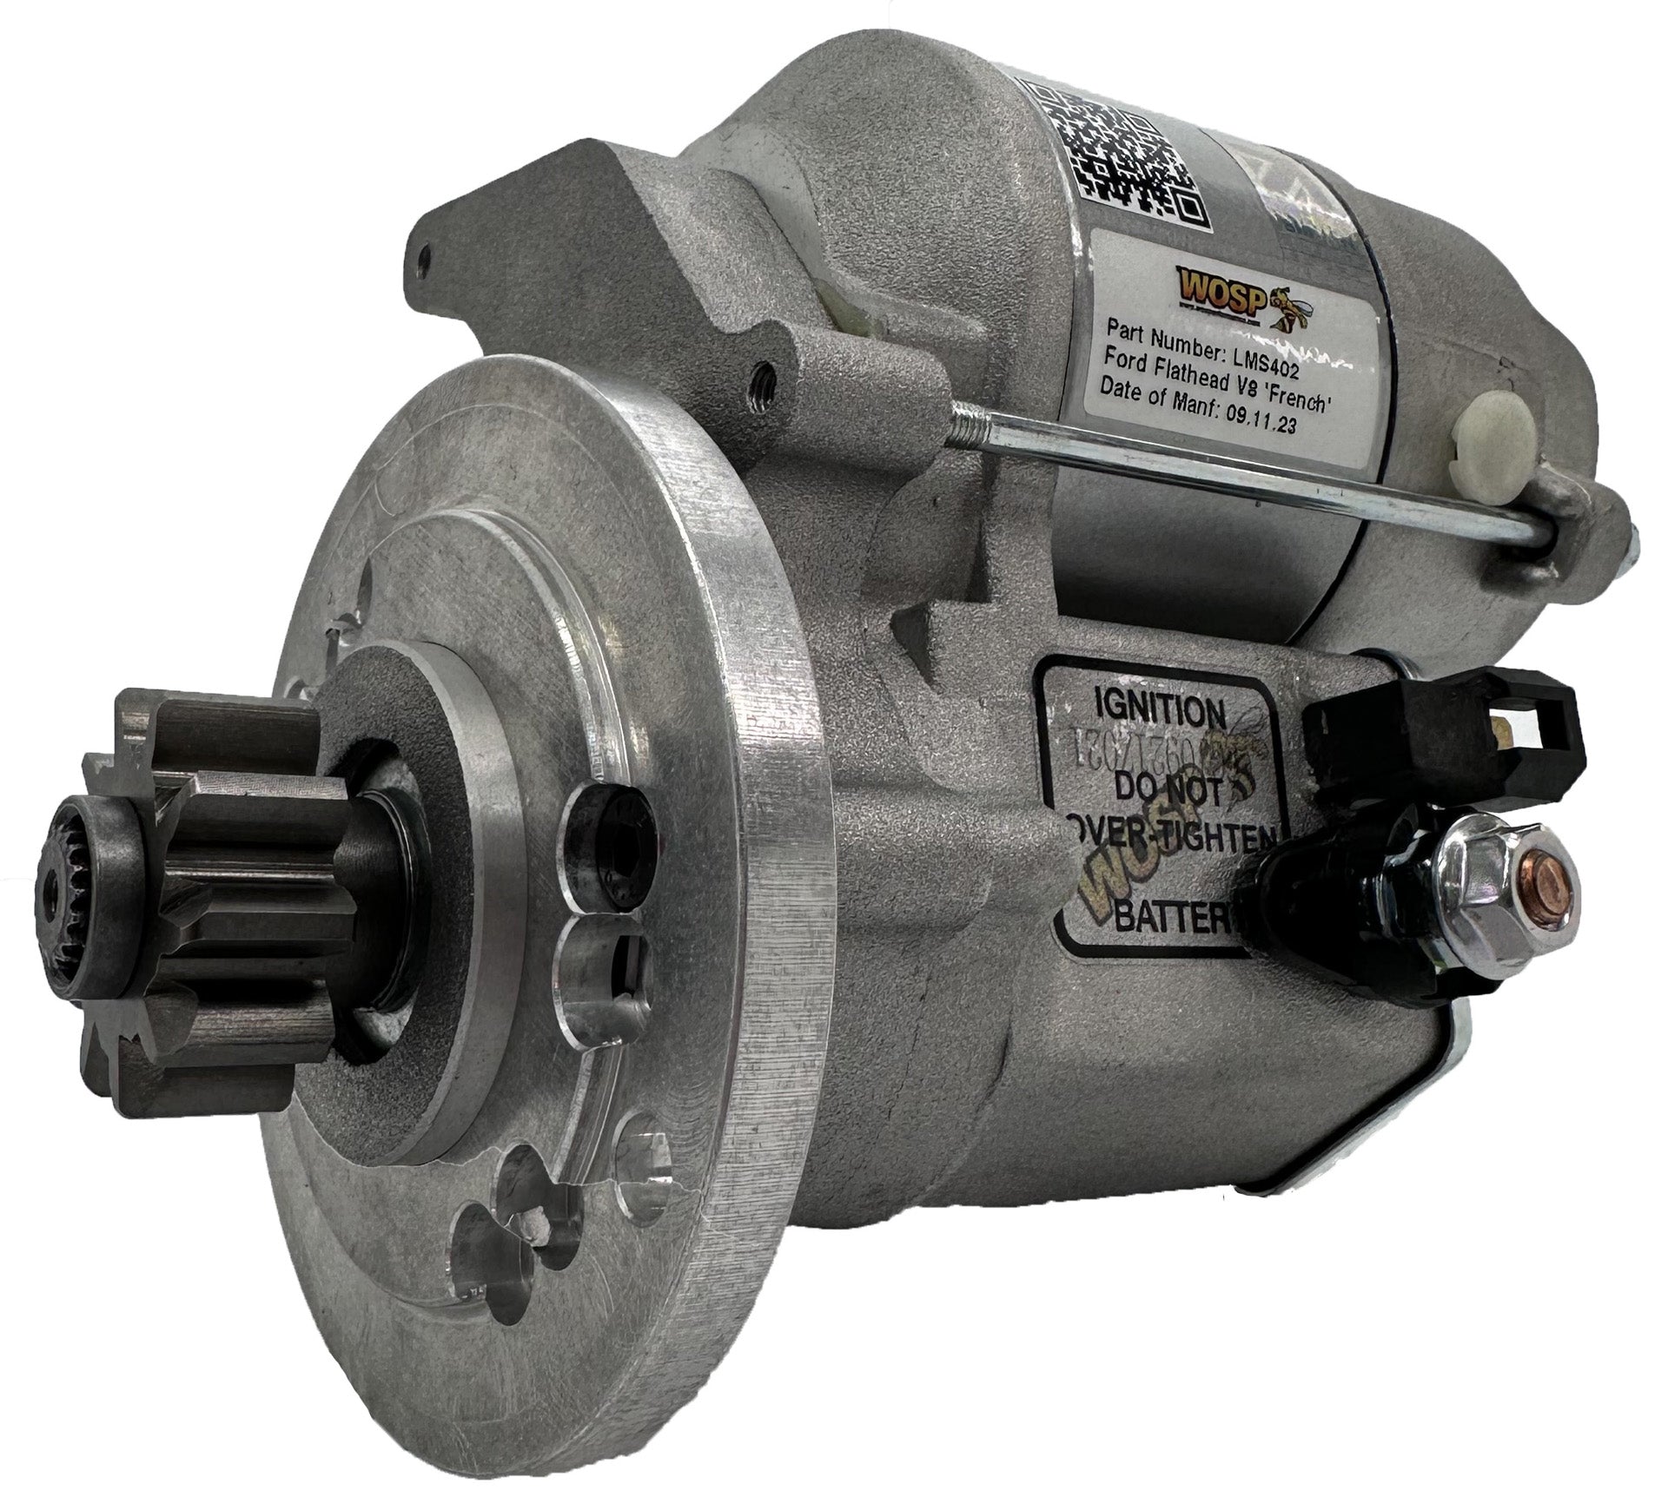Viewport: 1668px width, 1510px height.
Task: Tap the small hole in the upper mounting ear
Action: [x=424, y=259]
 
